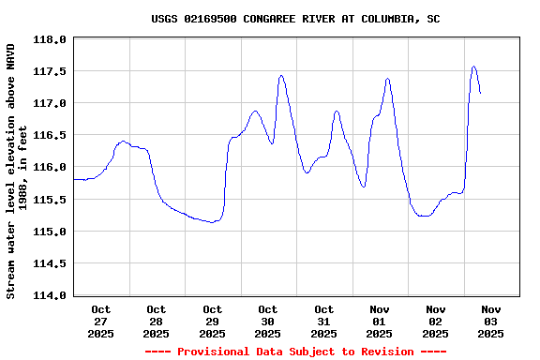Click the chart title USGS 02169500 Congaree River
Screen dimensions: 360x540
295,19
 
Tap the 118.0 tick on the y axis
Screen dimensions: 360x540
51,40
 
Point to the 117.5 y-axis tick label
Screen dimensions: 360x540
51,71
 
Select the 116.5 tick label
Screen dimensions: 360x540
51,135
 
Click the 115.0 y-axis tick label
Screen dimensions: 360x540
51,232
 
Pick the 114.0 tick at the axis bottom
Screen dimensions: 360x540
51,295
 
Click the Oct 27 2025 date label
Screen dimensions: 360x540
100,321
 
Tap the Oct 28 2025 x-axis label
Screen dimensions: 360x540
156,321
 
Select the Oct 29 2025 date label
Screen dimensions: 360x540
212,321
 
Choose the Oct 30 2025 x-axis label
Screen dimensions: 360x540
268,321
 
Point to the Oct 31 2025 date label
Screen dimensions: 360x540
323,321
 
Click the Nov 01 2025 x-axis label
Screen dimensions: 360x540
380,321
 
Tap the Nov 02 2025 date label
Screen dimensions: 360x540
435,321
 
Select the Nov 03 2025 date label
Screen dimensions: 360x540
491,321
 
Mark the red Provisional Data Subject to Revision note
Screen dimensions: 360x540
295,352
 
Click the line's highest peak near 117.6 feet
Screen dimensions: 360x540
474,67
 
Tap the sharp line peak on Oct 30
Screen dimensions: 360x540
281,76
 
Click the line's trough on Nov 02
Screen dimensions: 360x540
425,216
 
